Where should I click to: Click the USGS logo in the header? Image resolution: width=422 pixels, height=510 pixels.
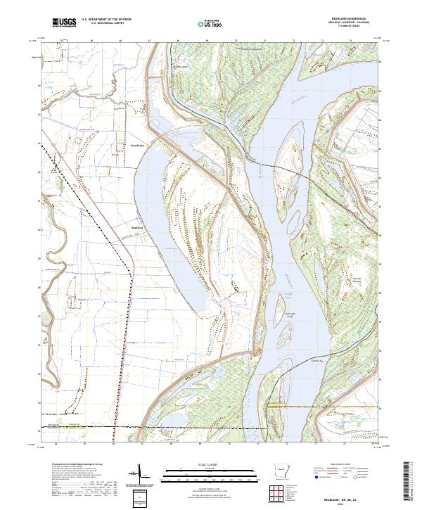64,23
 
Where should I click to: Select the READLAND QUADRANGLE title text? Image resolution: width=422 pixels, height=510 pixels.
354,19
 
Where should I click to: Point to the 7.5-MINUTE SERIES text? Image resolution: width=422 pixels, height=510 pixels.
354,27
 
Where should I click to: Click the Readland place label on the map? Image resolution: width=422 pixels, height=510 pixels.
136,227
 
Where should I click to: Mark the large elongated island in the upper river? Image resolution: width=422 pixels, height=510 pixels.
288,148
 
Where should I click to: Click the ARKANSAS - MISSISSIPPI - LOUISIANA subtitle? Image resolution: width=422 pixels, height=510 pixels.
354,23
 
